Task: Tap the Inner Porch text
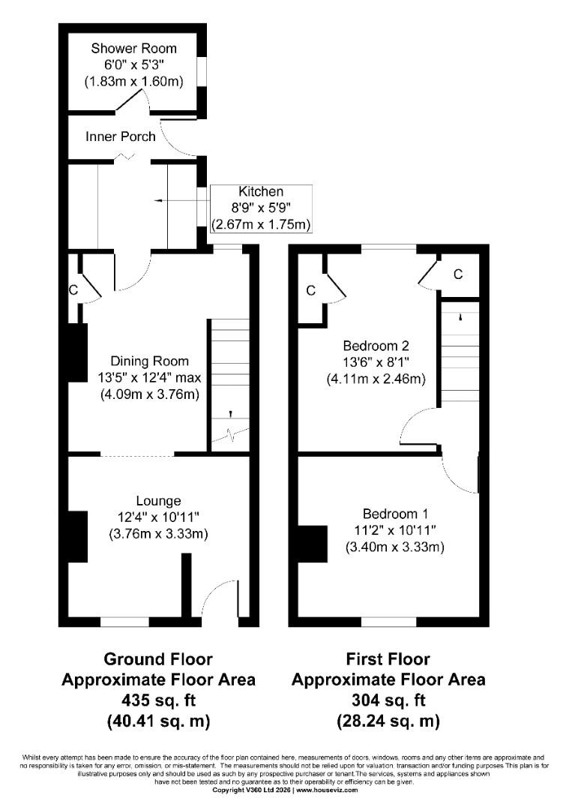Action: pos(121,136)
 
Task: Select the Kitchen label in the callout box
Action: pos(261,192)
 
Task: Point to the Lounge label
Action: pos(158,500)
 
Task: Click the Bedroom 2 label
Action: pos(376,346)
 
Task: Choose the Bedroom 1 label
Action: pos(395,514)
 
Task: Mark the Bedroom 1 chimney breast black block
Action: pos(312,544)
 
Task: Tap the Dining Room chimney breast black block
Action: pos(76,352)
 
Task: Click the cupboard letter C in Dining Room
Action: pos(73,289)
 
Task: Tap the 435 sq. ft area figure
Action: pos(157,700)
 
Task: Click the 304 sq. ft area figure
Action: pos(388,700)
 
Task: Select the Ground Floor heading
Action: pos(157,659)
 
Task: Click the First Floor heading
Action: pos(388,659)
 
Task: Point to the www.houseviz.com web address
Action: pos(327,790)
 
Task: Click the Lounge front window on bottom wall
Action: pos(124,621)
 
